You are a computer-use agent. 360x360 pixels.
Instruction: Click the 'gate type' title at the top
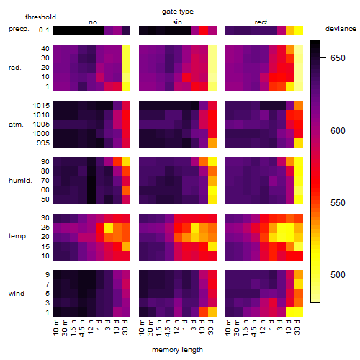(x=178, y=12)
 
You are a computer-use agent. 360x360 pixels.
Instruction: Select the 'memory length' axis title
(x=177, y=350)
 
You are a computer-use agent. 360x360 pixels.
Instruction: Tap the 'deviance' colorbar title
(x=341, y=29)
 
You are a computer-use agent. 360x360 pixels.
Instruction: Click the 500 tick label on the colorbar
(x=338, y=274)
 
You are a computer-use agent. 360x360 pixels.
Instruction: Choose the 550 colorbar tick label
(x=338, y=203)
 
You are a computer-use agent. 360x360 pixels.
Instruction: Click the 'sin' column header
(x=177, y=22)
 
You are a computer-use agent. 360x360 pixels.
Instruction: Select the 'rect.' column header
(x=261, y=22)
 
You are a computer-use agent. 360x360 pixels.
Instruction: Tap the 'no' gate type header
(x=93, y=22)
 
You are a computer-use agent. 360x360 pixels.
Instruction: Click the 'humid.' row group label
(x=20, y=181)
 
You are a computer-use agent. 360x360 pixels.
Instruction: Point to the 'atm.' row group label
(x=16, y=125)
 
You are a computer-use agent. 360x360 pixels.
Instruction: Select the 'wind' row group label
(x=17, y=294)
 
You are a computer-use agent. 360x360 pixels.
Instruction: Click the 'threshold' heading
(x=40, y=17)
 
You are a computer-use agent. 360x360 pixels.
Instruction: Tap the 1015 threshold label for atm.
(x=41, y=106)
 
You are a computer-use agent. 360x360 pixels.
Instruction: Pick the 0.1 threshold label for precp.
(x=44, y=30)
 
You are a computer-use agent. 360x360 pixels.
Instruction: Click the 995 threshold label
(x=43, y=143)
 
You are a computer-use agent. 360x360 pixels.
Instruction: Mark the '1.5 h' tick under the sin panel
(x=161, y=328)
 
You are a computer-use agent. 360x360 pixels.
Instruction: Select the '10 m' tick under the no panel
(x=57, y=328)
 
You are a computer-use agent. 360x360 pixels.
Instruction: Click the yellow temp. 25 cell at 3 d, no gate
(x=109, y=228)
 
